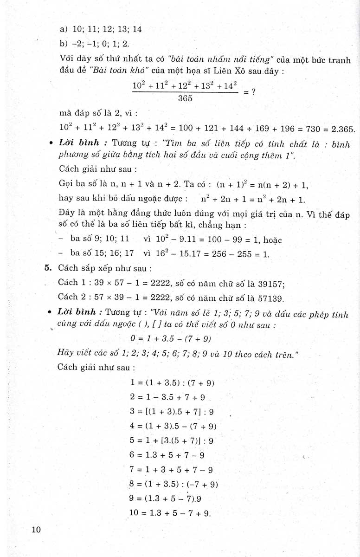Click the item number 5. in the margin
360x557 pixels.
48,268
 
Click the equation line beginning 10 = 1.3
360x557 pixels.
171,513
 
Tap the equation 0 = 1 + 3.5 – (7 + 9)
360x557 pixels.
177,339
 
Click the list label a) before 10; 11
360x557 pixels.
64,29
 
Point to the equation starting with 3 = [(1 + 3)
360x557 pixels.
173,412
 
